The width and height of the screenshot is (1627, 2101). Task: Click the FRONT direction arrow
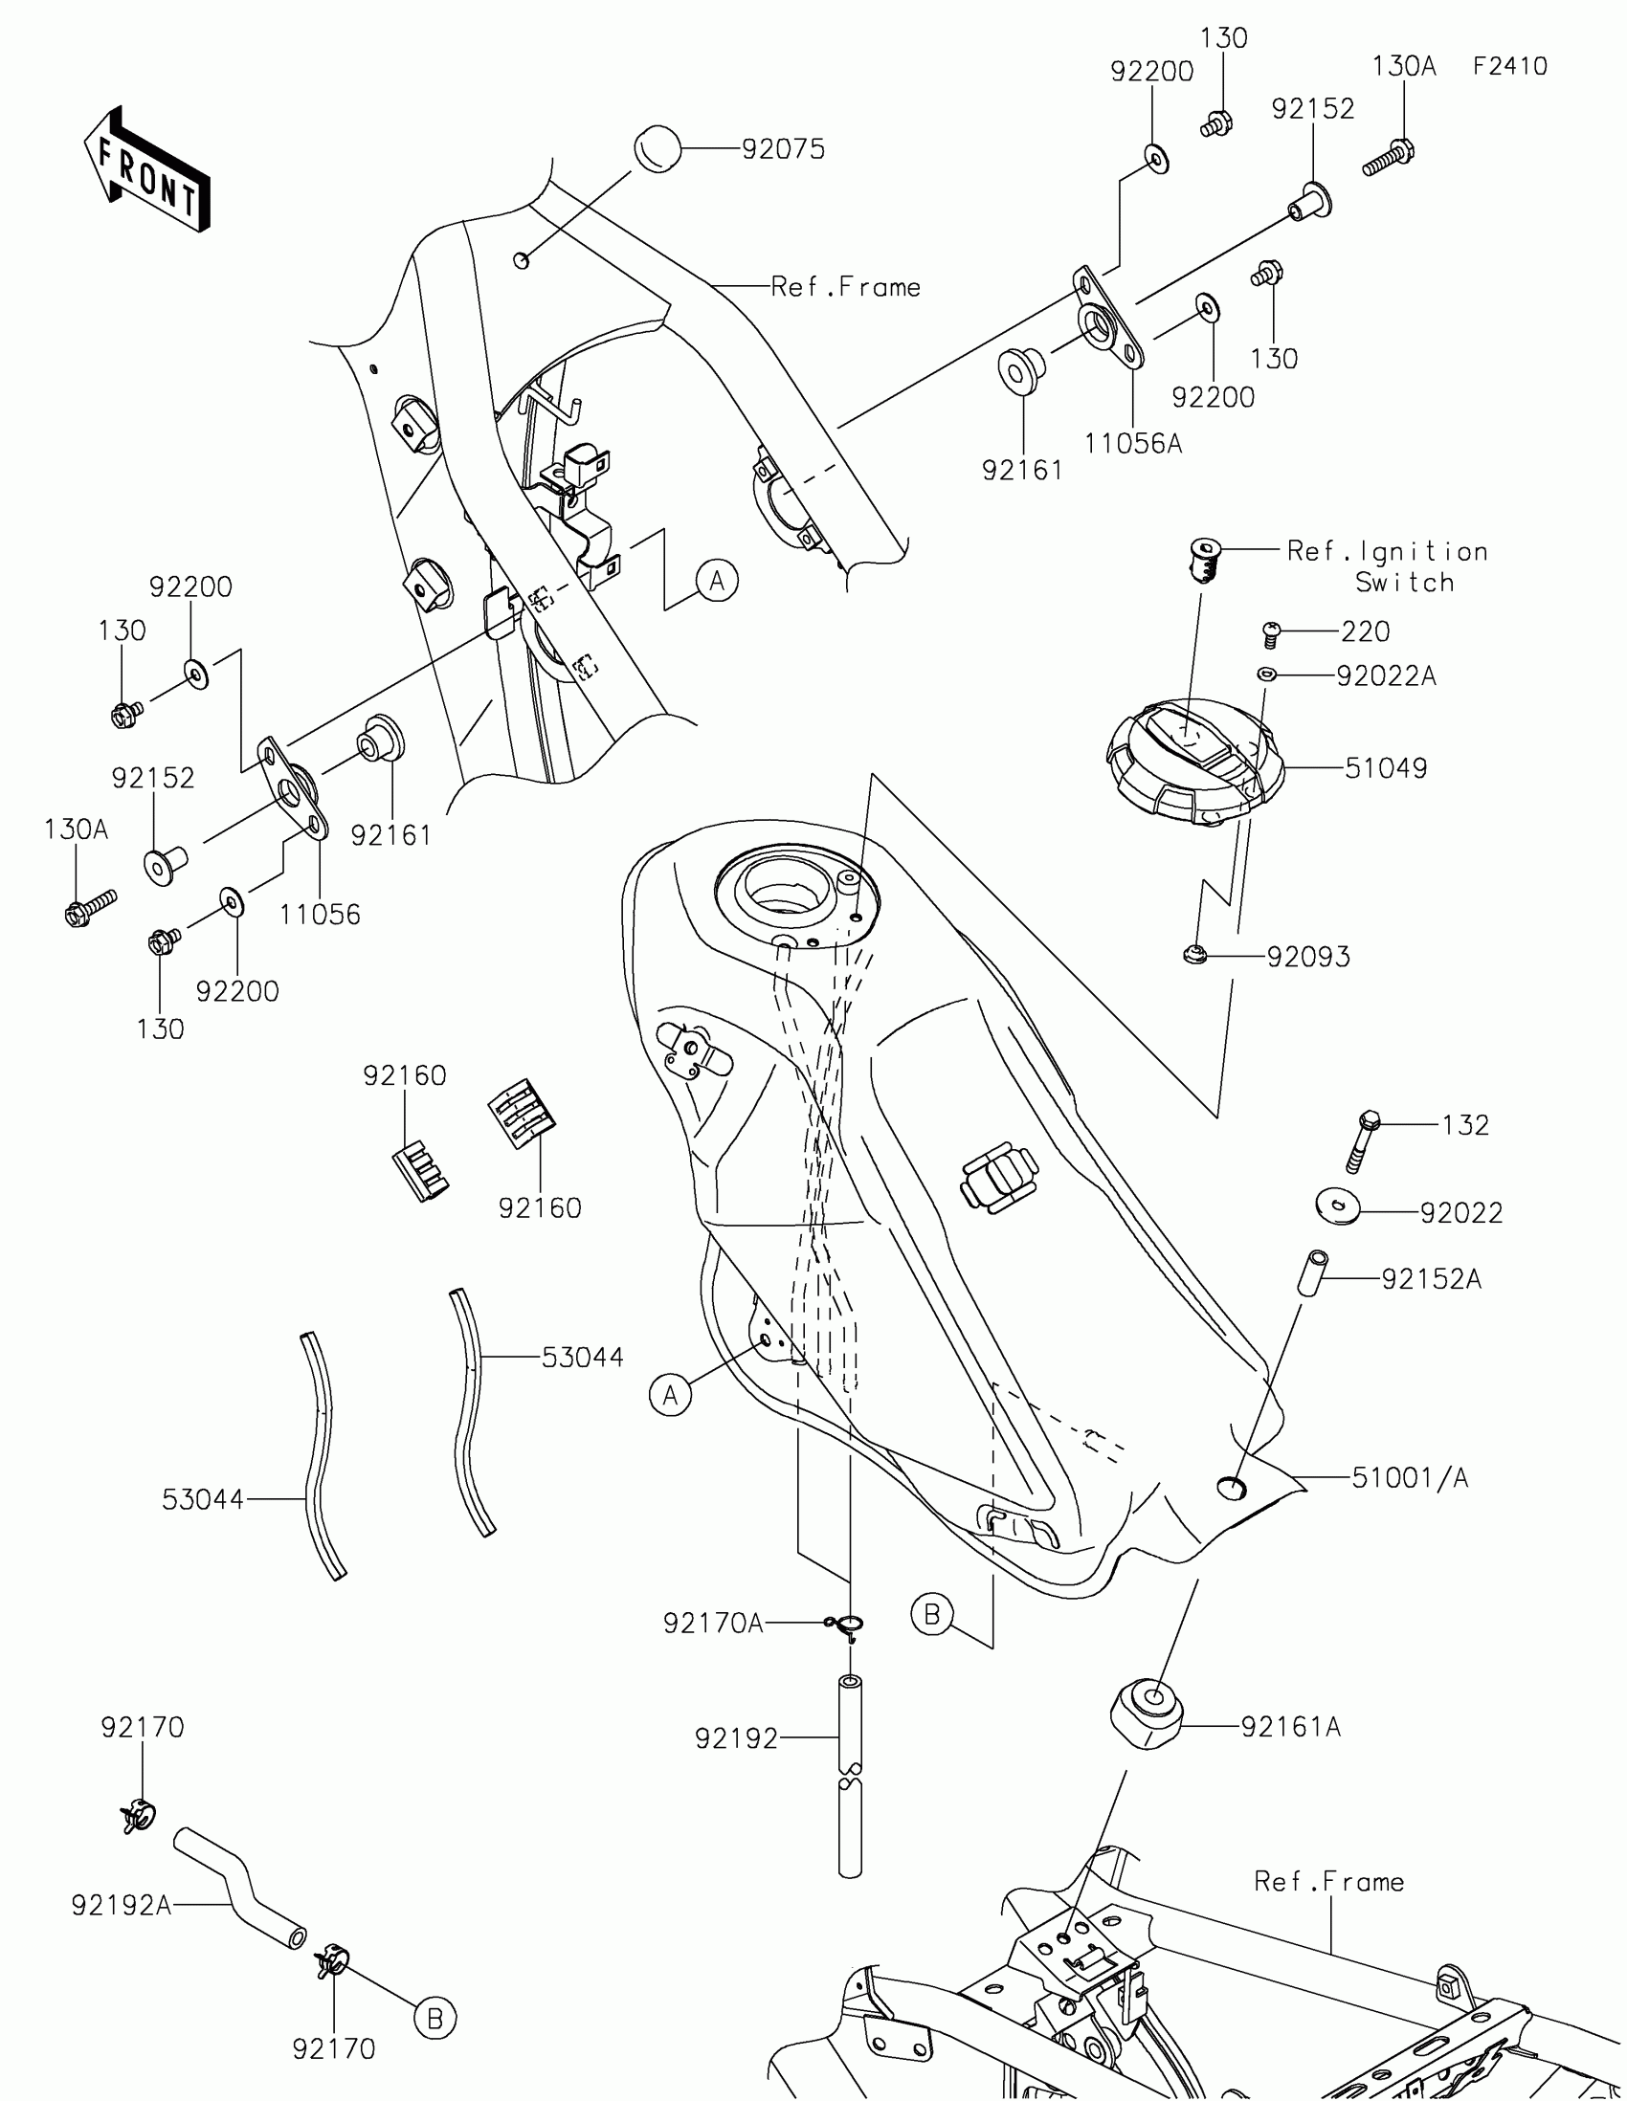[x=147, y=171]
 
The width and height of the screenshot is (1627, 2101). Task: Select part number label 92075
[x=783, y=149]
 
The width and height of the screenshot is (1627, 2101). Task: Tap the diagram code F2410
[x=1509, y=66]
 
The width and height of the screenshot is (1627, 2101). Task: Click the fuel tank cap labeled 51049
[x=1195, y=762]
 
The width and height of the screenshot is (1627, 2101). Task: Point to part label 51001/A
[x=1410, y=1477]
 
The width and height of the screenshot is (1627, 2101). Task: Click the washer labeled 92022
[x=1337, y=1205]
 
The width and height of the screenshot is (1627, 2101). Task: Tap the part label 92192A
[x=122, y=1905]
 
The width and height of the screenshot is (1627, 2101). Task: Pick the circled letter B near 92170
[x=434, y=2019]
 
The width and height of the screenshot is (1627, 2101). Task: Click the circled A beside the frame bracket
[x=717, y=581]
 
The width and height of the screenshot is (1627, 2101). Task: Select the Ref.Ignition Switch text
[x=1388, y=565]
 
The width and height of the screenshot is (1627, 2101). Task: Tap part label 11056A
[x=1132, y=444]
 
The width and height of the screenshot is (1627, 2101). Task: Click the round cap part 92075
[x=657, y=149]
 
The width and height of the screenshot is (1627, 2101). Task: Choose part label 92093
[x=1307, y=956]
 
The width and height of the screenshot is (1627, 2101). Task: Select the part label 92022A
[x=1386, y=676]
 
